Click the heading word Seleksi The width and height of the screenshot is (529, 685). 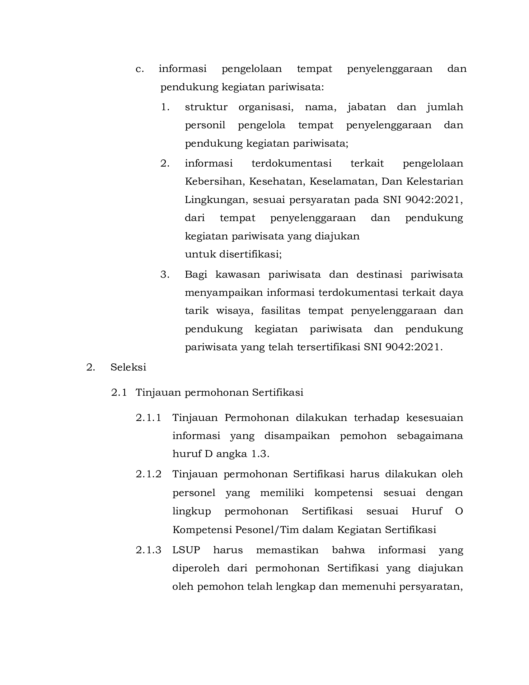(128, 367)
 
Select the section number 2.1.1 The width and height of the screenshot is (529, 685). (148, 418)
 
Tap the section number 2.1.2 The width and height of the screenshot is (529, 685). (148, 474)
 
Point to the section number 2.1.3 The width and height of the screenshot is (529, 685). (148, 550)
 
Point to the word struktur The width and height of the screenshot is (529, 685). (206, 107)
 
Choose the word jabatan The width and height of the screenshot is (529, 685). (367, 107)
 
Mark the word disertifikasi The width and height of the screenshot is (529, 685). (250, 254)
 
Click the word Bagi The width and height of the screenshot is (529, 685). (196, 275)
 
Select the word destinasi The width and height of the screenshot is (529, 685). (379, 275)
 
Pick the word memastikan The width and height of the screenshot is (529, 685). (287, 550)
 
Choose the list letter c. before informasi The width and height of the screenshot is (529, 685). (139, 69)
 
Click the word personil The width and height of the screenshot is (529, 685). (205, 125)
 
